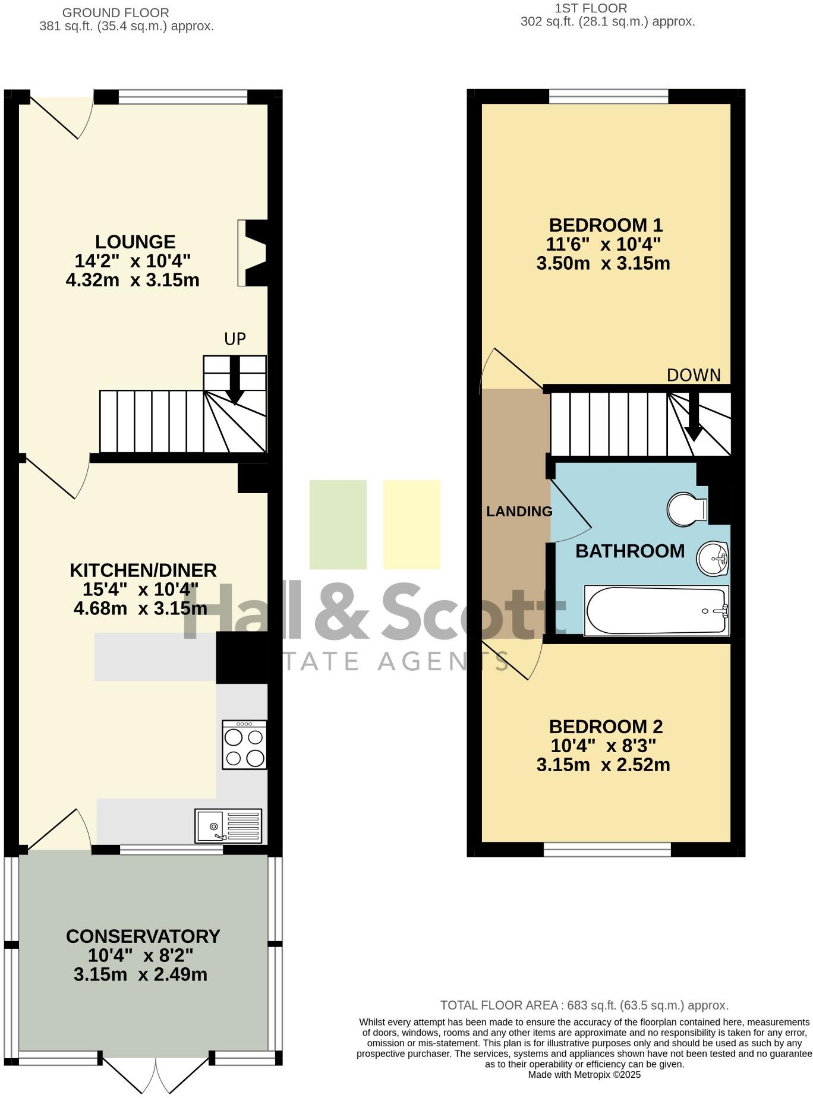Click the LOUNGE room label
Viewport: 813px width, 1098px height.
(x=135, y=242)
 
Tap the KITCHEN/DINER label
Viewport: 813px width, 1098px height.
(x=143, y=570)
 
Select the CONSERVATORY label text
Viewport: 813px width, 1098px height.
(x=143, y=936)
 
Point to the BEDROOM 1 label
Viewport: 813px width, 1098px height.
(x=606, y=225)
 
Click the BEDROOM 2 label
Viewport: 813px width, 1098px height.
(x=606, y=727)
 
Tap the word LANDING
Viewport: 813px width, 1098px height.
(x=519, y=512)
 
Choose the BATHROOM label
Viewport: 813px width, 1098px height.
(x=630, y=551)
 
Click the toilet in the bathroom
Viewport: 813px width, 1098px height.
(x=687, y=509)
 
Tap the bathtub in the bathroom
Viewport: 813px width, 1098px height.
(x=657, y=611)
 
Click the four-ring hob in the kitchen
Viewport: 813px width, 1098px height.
(x=244, y=745)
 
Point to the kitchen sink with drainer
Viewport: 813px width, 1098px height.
(x=228, y=825)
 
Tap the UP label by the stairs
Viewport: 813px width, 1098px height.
(x=235, y=339)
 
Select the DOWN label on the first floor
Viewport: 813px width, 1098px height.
(x=694, y=375)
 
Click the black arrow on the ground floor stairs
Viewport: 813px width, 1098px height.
(x=235, y=380)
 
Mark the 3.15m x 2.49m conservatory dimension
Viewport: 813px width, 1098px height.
(x=141, y=974)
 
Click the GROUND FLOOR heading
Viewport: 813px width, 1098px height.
(x=115, y=12)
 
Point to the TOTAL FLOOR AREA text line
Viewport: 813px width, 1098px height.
(x=584, y=1005)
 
